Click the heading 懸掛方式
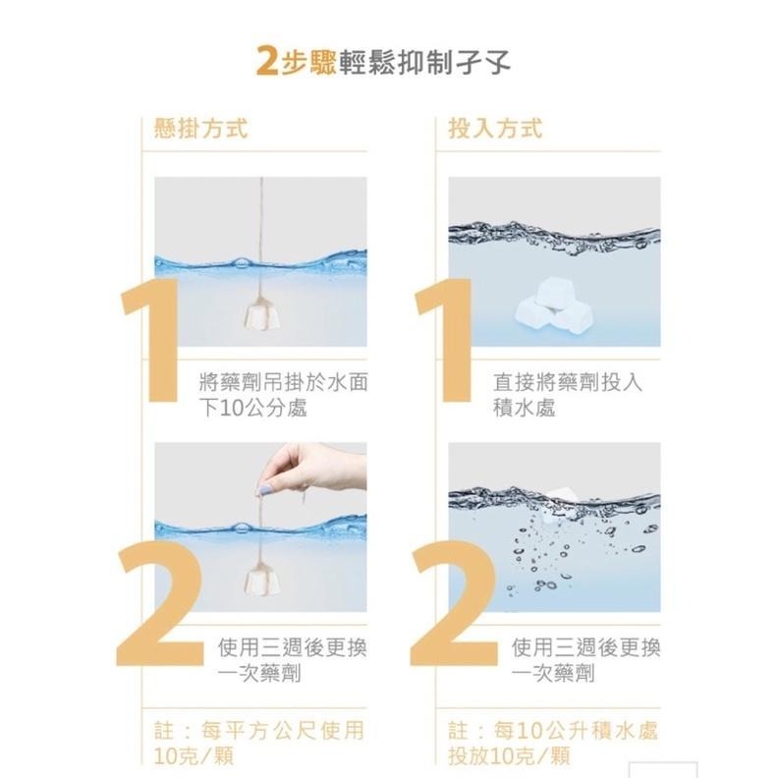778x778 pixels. click(x=201, y=130)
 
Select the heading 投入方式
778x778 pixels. click(x=495, y=130)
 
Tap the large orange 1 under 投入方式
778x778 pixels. click(x=443, y=339)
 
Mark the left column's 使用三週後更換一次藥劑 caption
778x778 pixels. click(x=292, y=660)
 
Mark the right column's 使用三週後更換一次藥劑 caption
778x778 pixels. click(x=586, y=660)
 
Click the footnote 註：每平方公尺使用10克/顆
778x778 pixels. click(x=260, y=743)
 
